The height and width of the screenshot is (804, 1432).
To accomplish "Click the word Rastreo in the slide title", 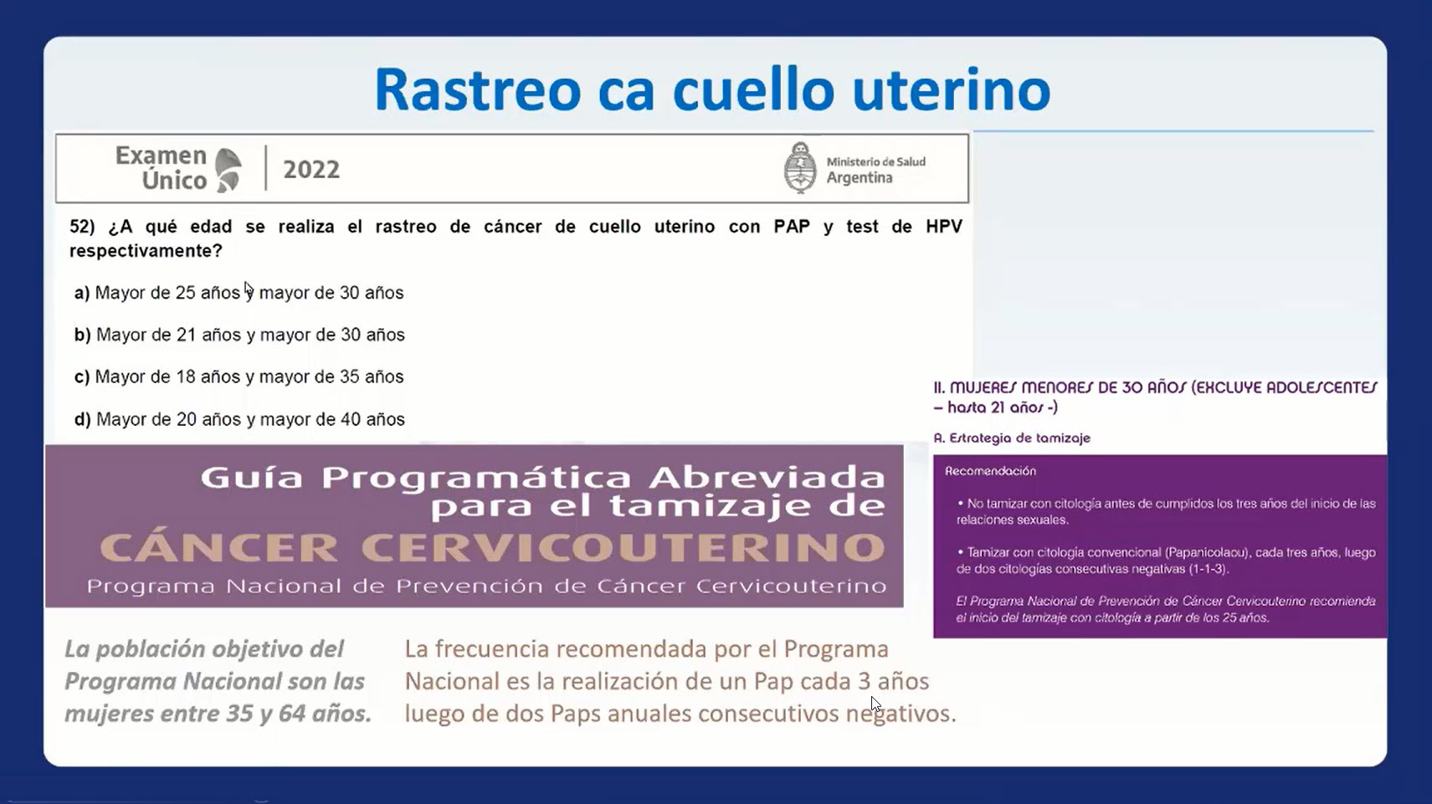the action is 478,90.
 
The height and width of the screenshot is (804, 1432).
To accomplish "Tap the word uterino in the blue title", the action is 952,90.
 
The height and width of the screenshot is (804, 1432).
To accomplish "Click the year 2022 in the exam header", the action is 311,169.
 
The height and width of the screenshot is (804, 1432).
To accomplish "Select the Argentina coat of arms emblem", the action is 800,167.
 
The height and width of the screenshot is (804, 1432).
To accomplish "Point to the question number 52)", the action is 83,226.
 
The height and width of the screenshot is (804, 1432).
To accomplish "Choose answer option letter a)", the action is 82,293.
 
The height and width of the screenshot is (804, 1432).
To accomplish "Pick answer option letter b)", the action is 83,335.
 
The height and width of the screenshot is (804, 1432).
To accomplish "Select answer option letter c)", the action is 82,377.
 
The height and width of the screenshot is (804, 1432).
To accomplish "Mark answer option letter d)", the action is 83,419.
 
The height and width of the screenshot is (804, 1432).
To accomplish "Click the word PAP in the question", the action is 792,226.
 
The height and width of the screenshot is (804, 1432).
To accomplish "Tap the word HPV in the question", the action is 943,226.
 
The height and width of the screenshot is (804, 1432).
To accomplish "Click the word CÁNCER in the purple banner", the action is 218,547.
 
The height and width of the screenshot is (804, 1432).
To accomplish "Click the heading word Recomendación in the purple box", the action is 990,471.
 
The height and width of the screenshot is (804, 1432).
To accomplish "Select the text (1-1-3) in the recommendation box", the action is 1208,569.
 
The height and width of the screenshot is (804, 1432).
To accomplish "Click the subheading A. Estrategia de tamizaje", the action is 1012,438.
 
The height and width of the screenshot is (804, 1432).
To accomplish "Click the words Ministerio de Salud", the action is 875,161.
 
